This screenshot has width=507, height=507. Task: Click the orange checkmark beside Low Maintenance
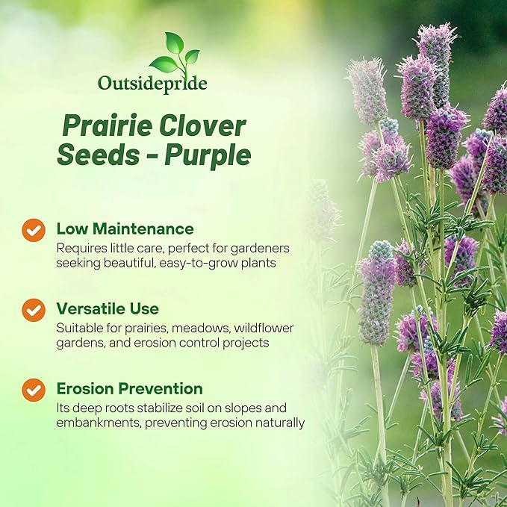tap(34, 230)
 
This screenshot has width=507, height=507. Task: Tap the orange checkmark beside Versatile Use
tap(34, 309)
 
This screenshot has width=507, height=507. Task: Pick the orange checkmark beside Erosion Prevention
tap(34, 389)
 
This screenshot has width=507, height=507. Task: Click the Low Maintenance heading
tap(125, 228)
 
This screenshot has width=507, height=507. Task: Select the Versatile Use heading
tap(108, 308)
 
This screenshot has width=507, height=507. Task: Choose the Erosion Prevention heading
tap(129, 388)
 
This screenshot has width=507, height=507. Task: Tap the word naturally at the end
tap(278, 423)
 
